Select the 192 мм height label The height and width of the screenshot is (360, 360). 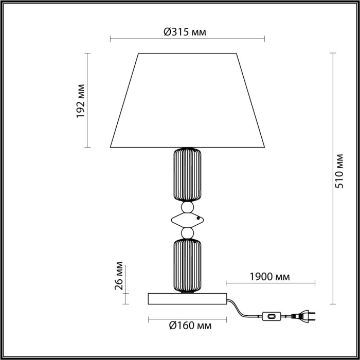click(x=81, y=100)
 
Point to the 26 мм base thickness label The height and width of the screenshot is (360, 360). click(x=119, y=277)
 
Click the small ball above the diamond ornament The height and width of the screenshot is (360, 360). click(x=188, y=207)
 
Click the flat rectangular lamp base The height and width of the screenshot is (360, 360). click(x=188, y=298)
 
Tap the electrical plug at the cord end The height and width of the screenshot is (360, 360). click(x=303, y=316)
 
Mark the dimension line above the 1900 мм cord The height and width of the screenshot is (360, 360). click(x=270, y=283)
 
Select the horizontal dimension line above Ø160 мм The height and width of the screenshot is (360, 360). click(x=188, y=319)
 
